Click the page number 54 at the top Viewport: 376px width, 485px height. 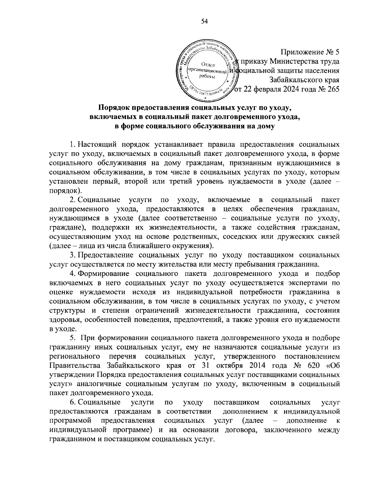pos(204,21)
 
